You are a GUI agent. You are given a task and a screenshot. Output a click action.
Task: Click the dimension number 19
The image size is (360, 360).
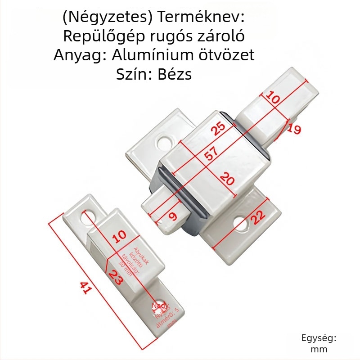coord(293,129)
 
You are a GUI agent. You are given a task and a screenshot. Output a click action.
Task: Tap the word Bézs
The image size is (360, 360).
coord(175,74)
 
